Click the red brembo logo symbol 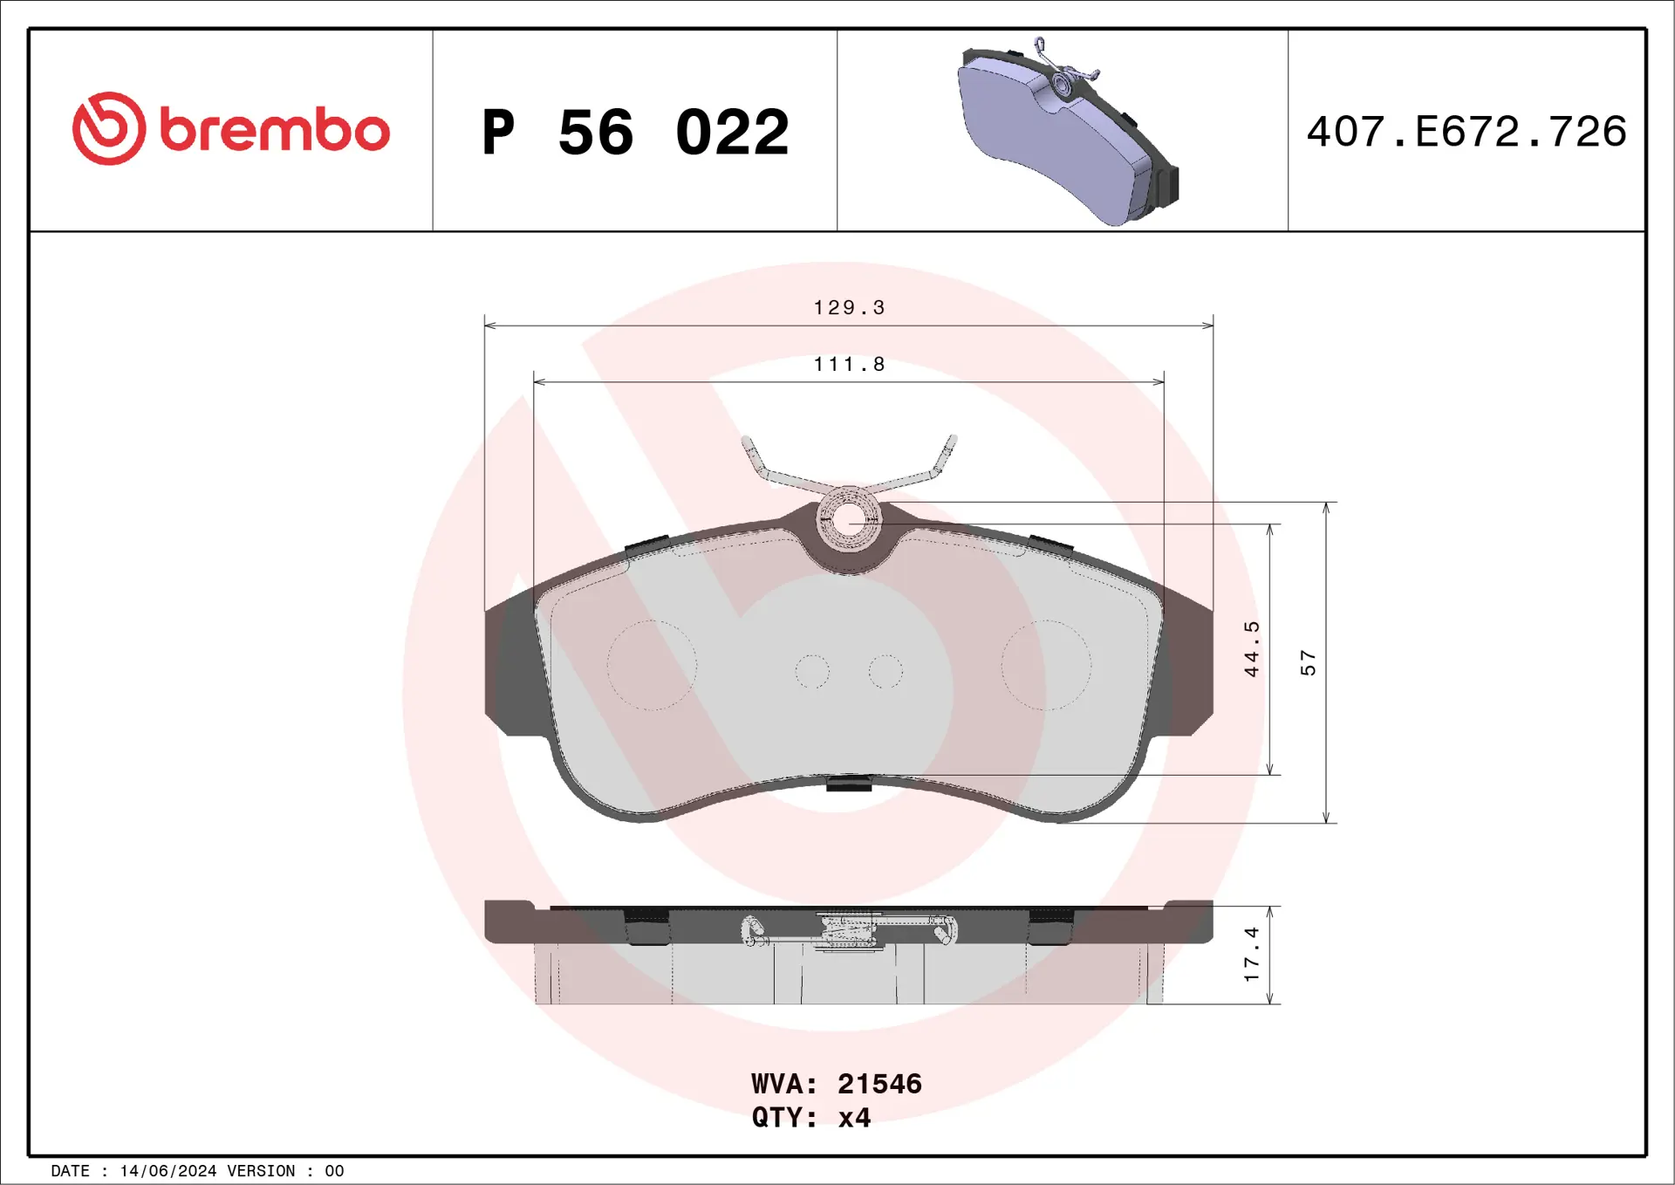pyautogui.click(x=109, y=128)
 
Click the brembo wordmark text pyautogui.click(x=275, y=131)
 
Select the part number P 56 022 pyautogui.click(x=635, y=133)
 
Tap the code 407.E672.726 pyautogui.click(x=1466, y=132)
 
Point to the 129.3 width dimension pyautogui.click(x=849, y=308)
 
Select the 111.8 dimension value pyautogui.click(x=849, y=365)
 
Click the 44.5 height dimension pyautogui.click(x=1252, y=648)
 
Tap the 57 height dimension pyautogui.click(x=1308, y=662)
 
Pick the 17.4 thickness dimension pyautogui.click(x=1252, y=954)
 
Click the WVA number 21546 pyautogui.click(x=879, y=1084)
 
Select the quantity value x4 pyautogui.click(x=854, y=1118)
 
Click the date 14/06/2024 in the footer pyautogui.click(x=167, y=1171)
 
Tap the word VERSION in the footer pyautogui.click(x=261, y=1171)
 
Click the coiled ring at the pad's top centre pyautogui.click(x=849, y=520)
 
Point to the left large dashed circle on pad pyautogui.click(x=652, y=665)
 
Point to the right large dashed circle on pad pyautogui.click(x=1046, y=665)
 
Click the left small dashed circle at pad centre pyautogui.click(x=812, y=671)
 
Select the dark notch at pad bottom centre pyautogui.click(x=849, y=784)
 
